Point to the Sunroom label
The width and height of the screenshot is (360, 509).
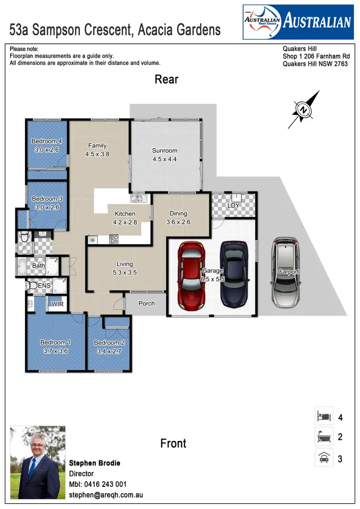tap(165, 150)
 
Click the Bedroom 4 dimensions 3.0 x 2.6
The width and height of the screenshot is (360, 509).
tap(47, 150)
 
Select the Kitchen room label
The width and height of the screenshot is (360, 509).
tap(124, 214)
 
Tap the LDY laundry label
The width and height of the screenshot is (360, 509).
tap(234, 206)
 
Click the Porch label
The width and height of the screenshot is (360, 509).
tap(146, 303)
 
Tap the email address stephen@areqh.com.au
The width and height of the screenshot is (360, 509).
tap(106, 495)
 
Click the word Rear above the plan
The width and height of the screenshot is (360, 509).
tap(166, 79)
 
